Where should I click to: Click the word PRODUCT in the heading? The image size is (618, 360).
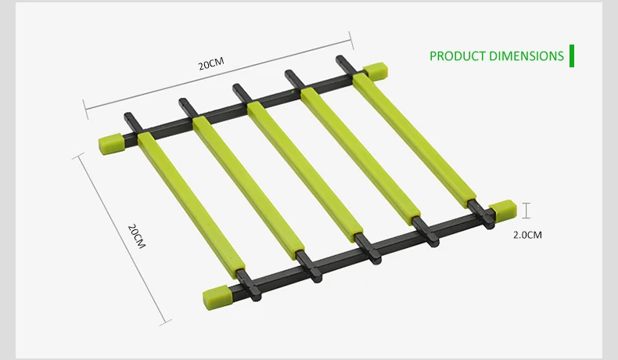[457, 56]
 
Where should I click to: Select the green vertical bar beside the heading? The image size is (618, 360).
[572, 56]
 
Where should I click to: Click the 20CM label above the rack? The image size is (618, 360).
[211, 63]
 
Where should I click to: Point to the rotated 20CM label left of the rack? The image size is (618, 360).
[137, 236]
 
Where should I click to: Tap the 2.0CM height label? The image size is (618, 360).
[527, 235]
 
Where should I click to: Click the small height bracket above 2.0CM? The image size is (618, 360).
[526, 211]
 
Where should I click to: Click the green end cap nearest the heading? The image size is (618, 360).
[375, 71]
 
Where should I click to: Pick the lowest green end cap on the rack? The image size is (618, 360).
[216, 297]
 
